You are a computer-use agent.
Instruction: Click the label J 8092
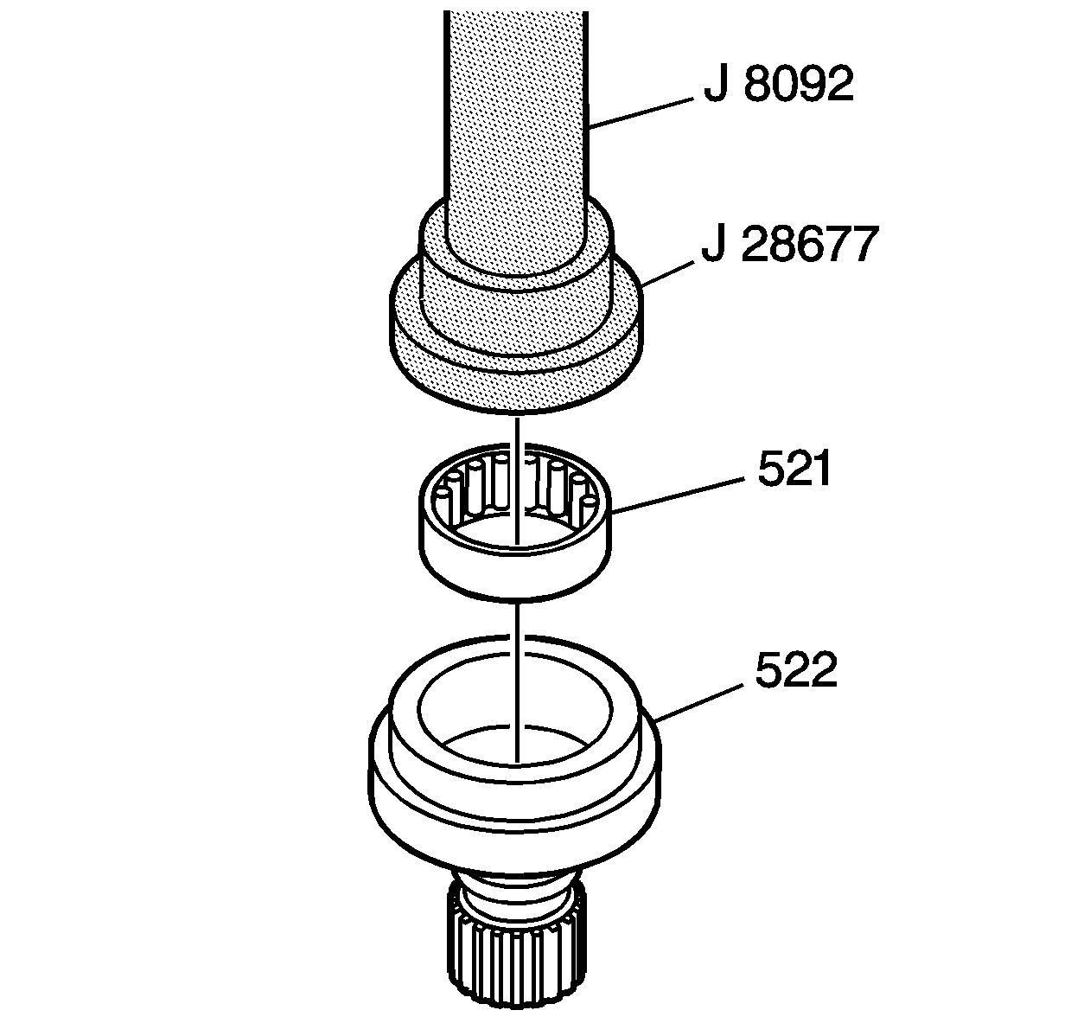click(778, 86)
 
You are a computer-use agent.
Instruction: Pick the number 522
click(795, 670)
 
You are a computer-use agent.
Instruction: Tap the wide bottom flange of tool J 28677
click(516, 363)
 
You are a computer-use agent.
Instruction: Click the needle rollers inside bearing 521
click(484, 493)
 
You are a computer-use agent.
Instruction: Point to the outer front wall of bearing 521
click(516, 571)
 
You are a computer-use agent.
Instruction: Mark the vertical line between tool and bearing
click(515, 428)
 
